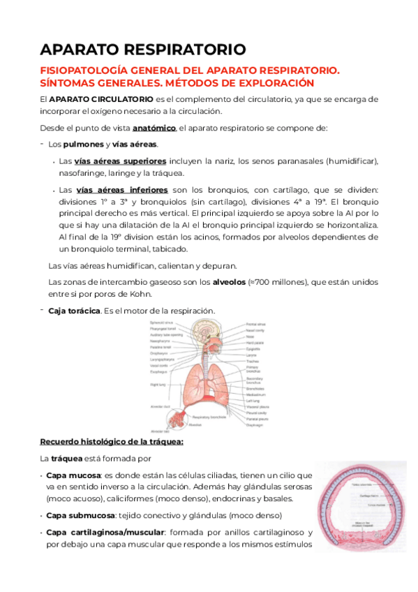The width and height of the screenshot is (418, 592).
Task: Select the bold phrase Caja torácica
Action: (x=74, y=311)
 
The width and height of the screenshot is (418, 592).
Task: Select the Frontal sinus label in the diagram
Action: (x=255, y=324)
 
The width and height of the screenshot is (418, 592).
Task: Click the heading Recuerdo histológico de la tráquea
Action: (x=112, y=442)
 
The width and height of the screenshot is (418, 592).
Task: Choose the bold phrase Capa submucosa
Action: (x=80, y=515)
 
